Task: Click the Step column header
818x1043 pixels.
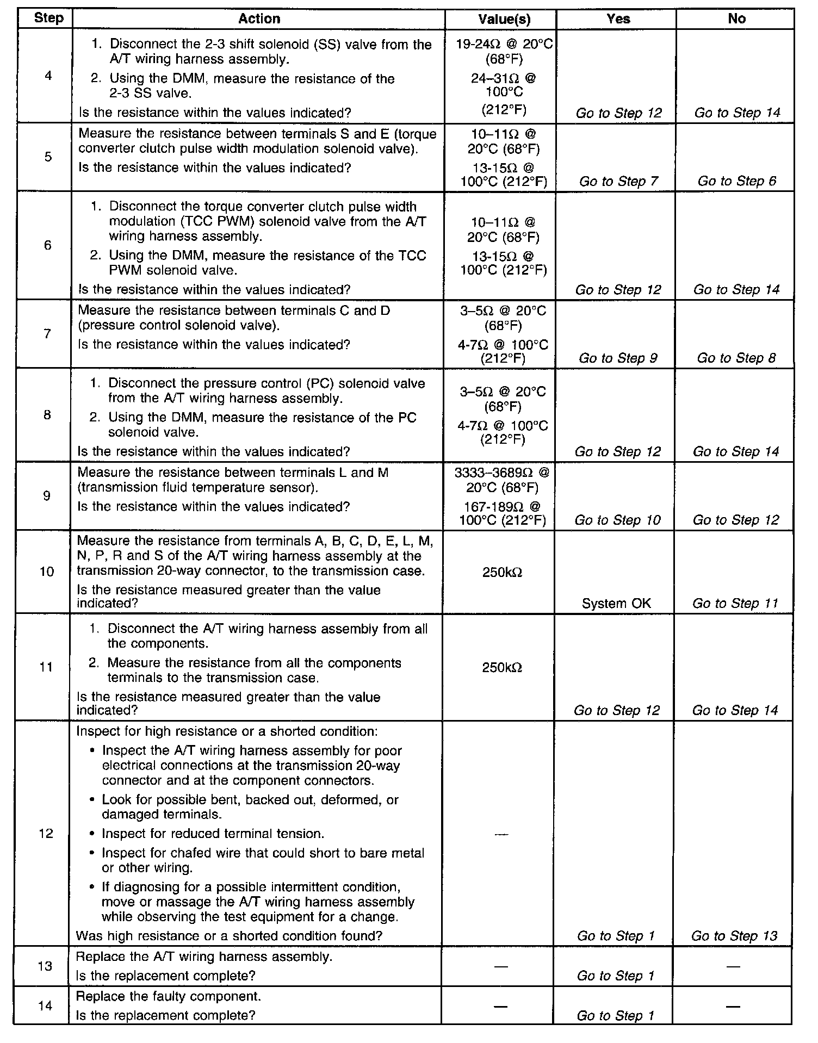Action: (x=48, y=18)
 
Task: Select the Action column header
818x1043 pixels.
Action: (x=259, y=18)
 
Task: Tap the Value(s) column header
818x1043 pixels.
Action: (x=504, y=19)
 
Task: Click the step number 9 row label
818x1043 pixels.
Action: (x=47, y=495)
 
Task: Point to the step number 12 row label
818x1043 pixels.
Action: (x=46, y=833)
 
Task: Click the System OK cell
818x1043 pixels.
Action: (x=616, y=603)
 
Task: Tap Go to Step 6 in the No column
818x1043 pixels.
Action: (x=737, y=181)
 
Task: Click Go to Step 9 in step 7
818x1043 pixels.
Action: (x=617, y=358)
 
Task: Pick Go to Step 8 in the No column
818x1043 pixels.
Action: (x=736, y=358)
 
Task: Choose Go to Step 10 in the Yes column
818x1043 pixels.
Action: (x=617, y=520)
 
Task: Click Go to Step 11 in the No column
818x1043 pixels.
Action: (x=735, y=603)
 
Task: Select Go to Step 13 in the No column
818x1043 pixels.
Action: (x=734, y=935)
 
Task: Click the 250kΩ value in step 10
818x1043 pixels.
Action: (x=502, y=572)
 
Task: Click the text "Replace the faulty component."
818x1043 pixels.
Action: (x=169, y=996)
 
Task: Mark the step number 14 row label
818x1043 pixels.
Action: (x=46, y=1005)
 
